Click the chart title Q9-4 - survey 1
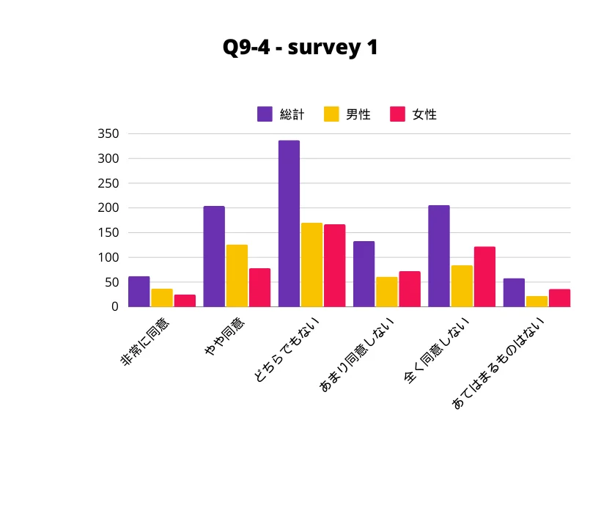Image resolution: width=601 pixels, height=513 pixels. [300, 48]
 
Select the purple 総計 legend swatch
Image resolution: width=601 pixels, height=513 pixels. [265, 114]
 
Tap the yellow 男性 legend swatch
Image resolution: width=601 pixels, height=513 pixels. [331, 114]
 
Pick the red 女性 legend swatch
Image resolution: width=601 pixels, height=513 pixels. [397, 114]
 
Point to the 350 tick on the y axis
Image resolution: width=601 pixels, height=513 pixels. [108, 133]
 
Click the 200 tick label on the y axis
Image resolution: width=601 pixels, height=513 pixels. [108, 207]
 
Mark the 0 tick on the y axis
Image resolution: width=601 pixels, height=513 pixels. [115, 306]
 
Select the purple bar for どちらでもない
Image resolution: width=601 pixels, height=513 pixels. [289, 224]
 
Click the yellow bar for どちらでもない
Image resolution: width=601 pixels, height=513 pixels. [311, 265]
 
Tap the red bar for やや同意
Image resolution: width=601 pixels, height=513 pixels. [260, 288]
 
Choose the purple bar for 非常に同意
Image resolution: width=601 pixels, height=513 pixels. [139, 292]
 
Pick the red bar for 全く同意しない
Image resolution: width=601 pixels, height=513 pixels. [485, 276]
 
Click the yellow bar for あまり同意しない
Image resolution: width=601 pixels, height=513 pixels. [387, 292]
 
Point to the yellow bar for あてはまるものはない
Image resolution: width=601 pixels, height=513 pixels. [537, 301]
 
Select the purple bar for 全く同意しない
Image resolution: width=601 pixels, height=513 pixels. [439, 256]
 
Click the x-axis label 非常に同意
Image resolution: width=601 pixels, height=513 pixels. [144, 342]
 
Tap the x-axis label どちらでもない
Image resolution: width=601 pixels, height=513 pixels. [287, 350]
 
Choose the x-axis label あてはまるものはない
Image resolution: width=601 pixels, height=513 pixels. [498, 363]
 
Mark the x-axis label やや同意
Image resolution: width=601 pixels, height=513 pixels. [224, 336]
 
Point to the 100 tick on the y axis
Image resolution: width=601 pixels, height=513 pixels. [108, 257]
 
